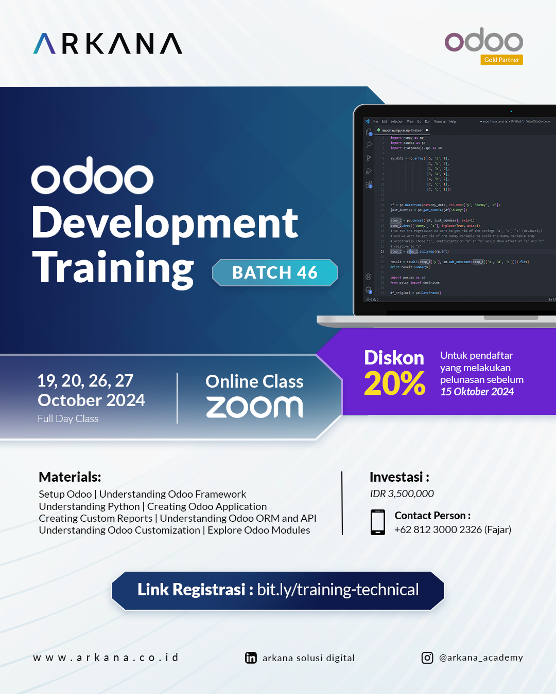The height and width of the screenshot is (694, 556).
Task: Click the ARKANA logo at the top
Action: point(108,44)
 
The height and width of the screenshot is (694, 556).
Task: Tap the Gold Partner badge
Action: point(501,60)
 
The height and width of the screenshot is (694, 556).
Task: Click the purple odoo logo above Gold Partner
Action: point(483,40)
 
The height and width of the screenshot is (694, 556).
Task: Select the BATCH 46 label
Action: point(275,272)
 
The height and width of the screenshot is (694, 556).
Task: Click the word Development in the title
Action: point(165,223)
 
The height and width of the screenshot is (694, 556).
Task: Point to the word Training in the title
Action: point(113,268)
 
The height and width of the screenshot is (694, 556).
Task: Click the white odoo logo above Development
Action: point(92,176)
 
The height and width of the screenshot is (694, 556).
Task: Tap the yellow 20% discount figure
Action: point(394,383)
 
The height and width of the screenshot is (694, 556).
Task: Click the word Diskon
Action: point(394,357)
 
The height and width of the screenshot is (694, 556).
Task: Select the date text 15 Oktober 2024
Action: point(477,392)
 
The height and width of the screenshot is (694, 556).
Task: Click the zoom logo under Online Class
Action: point(254,407)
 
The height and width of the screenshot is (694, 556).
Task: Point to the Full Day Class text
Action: point(68,418)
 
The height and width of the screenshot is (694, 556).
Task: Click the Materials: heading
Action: point(70,477)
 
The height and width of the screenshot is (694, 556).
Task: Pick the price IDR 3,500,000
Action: point(402,494)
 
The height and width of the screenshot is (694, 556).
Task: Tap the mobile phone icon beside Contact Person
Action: point(378,522)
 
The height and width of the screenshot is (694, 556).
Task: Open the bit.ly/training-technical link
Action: point(338,590)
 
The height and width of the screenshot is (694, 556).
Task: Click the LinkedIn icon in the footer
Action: point(251,658)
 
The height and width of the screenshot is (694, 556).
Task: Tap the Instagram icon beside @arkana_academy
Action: point(427,658)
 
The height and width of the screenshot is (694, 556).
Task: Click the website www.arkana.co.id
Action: point(106,658)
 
